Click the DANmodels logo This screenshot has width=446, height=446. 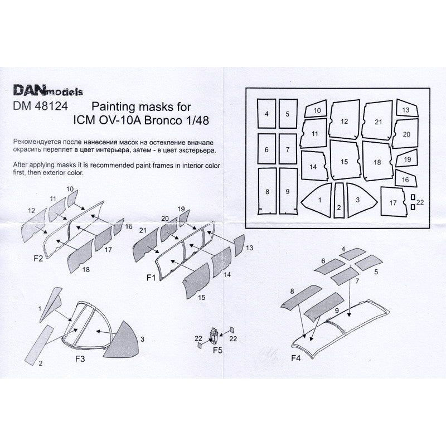click(x=47, y=89)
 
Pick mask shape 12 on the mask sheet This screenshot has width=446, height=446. click(x=344, y=120)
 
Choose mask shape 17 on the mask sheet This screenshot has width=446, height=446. click(x=393, y=201)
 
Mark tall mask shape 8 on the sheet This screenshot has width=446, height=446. click(x=268, y=191)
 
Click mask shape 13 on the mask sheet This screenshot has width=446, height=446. click(x=406, y=110)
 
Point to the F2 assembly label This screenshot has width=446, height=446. click(x=38, y=258)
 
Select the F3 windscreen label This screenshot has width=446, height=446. click(x=80, y=360)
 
